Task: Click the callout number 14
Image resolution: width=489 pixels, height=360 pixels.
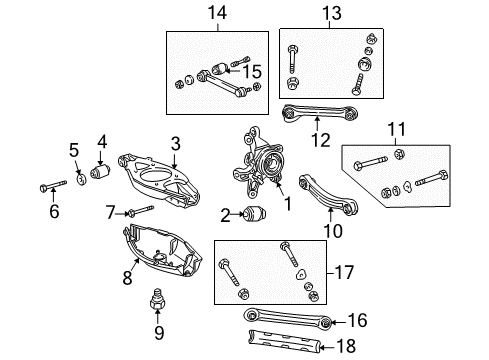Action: pos(217,14)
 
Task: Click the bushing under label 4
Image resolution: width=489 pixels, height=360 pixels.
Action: pos(101,172)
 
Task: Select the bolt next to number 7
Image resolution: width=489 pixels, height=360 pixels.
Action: pos(140,211)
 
